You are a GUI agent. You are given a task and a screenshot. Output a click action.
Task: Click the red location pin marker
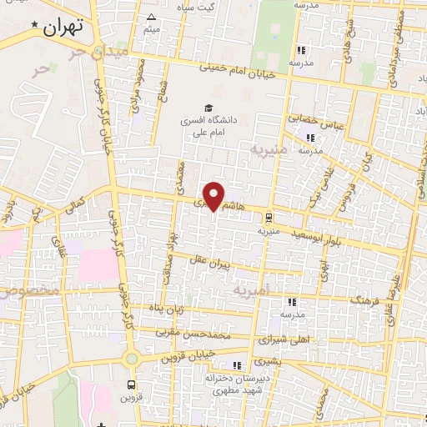(215, 195)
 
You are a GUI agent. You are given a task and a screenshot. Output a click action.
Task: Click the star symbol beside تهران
(34, 25)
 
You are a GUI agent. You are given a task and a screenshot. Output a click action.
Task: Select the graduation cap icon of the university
(206, 107)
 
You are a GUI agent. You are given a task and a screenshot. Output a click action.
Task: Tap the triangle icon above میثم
(151, 17)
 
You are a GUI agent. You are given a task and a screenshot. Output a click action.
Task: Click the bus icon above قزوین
(131, 385)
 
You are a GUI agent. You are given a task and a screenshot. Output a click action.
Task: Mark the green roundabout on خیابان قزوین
(131, 359)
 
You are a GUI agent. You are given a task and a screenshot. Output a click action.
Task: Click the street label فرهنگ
(365, 296)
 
